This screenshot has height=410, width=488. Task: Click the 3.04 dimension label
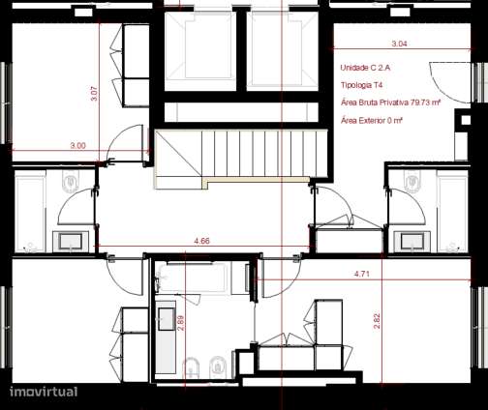click(x=398, y=44)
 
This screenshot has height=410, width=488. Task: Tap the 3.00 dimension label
click(x=77, y=145)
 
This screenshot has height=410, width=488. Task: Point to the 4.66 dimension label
click(x=202, y=239)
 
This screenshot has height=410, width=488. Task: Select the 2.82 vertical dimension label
click(x=377, y=320)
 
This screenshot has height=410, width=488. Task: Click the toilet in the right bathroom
click(x=412, y=182)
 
